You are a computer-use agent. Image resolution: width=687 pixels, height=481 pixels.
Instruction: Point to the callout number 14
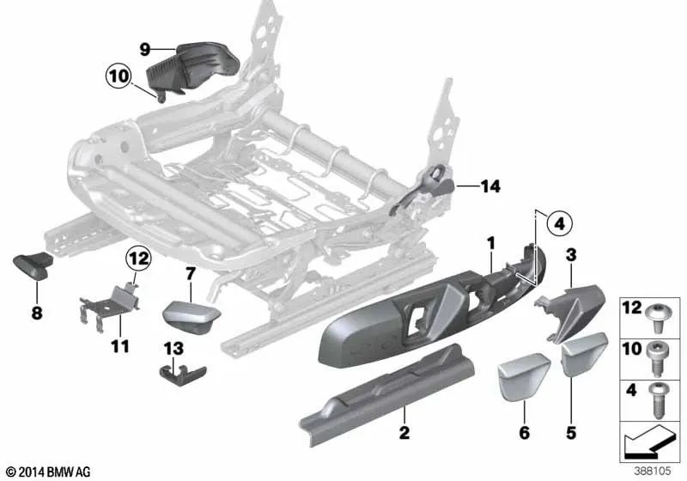pyautogui.click(x=490, y=186)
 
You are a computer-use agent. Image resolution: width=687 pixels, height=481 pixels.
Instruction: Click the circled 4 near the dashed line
pyautogui.click(x=558, y=225)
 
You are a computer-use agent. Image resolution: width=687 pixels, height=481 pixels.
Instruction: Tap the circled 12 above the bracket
pyautogui.click(x=139, y=257)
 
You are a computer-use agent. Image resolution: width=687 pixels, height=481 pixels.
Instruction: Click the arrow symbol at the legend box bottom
pyautogui.click(x=649, y=445)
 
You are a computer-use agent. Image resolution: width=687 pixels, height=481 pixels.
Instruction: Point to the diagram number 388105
pyautogui.click(x=653, y=471)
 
